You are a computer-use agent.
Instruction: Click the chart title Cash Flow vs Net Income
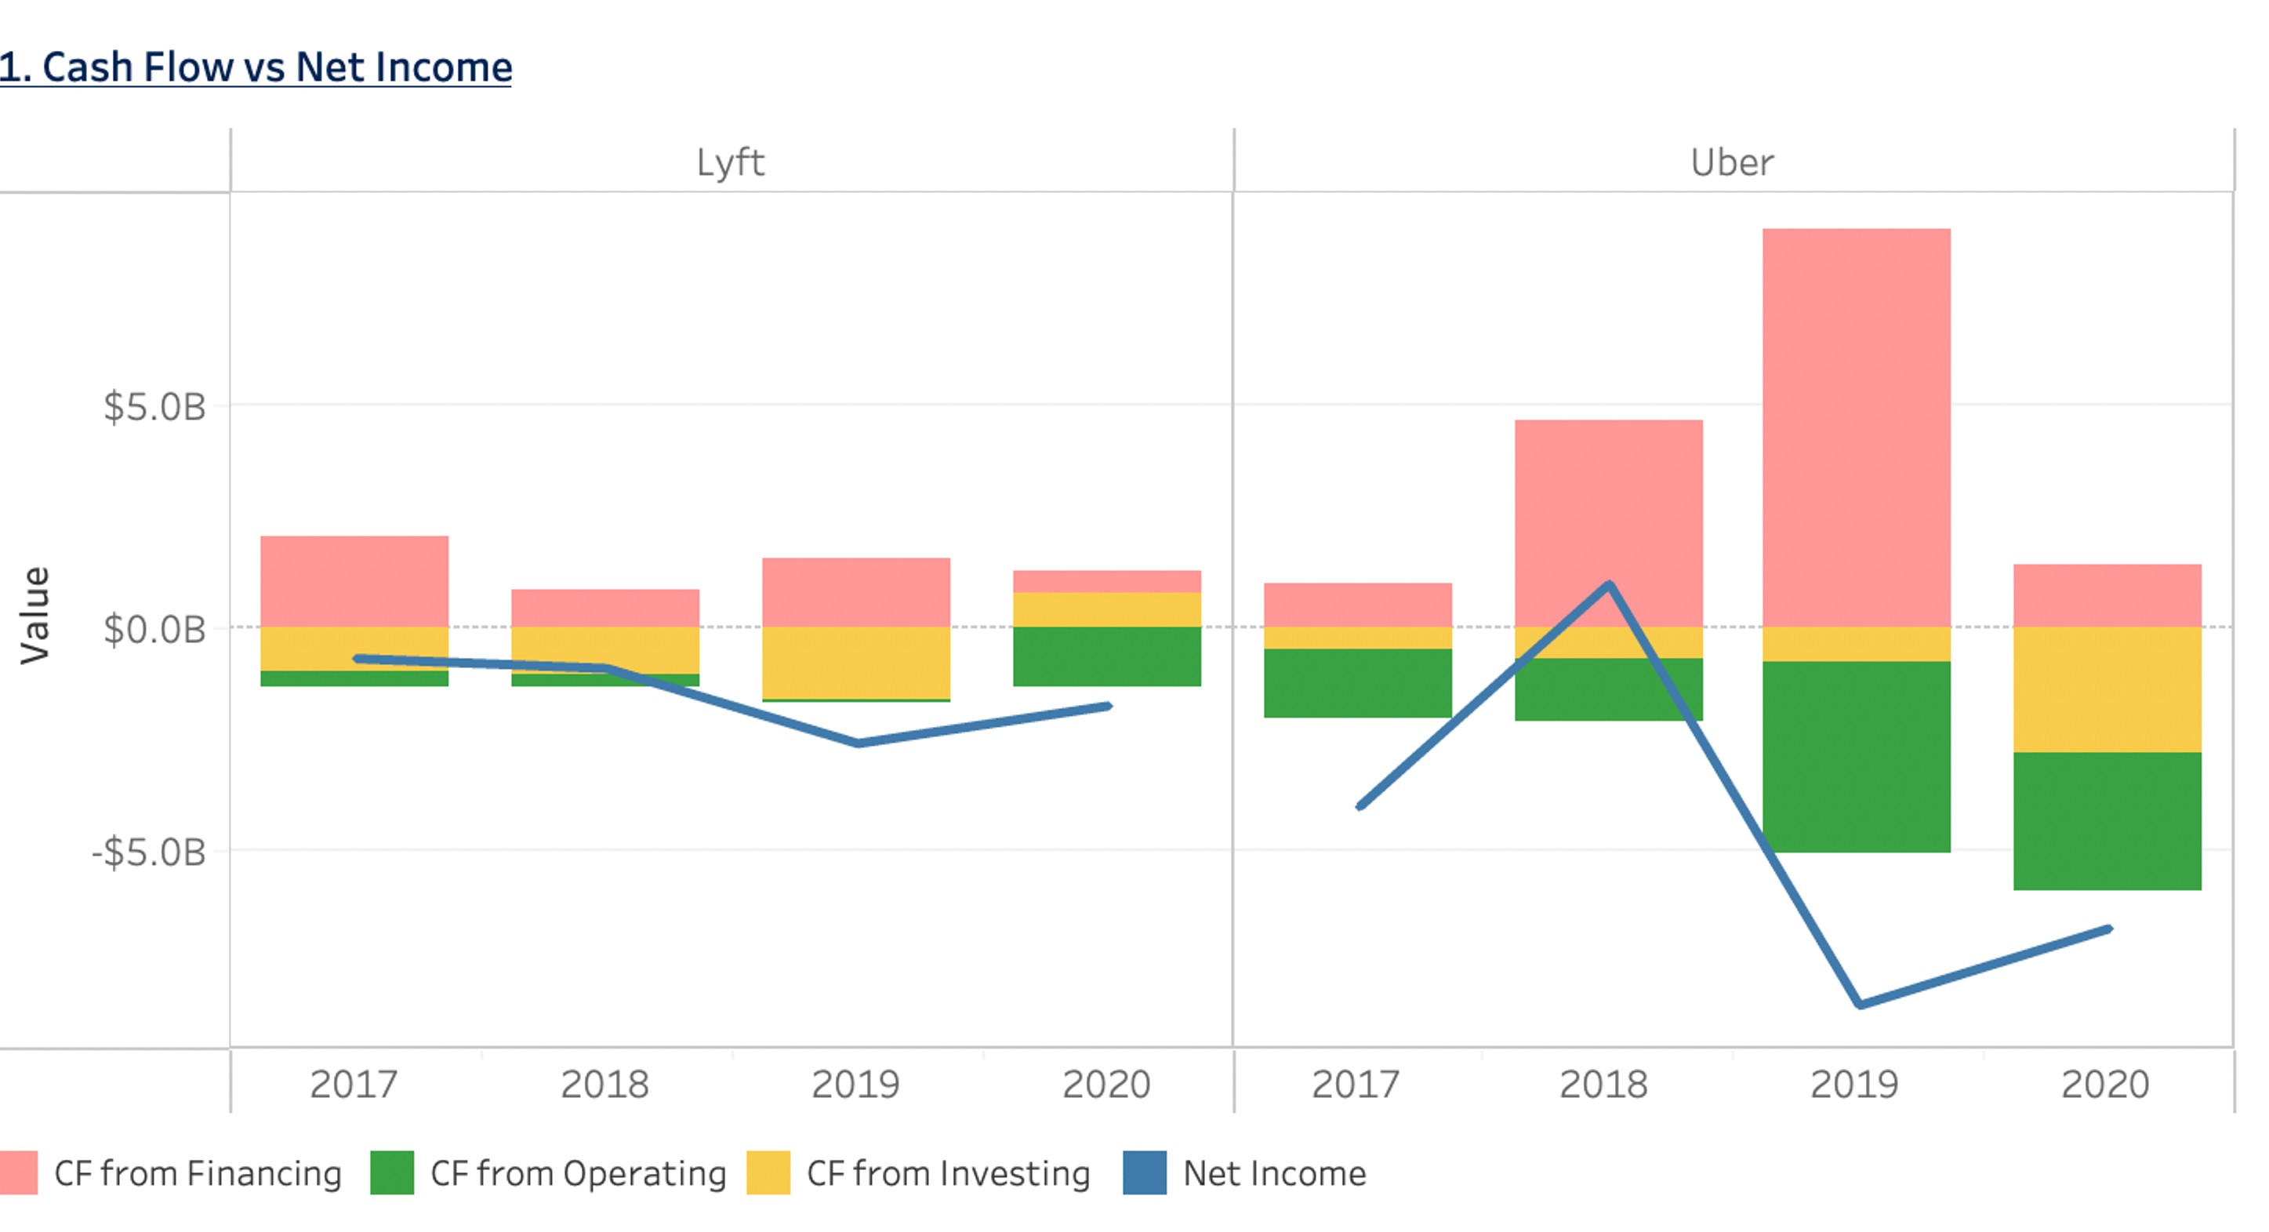[x=256, y=68]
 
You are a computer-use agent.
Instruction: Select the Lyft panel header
[x=730, y=163]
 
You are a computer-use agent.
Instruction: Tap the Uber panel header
[x=1732, y=163]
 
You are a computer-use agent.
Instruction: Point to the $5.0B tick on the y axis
[x=154, y=407]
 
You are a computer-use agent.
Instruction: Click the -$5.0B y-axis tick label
[x=148, y=852]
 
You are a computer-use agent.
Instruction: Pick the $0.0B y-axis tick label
[x=154, y=630]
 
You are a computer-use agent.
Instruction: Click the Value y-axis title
[x=35, y=614]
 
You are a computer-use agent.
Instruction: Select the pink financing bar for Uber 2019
[x=1856, y=427]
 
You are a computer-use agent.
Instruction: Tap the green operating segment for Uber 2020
[x=2107, y=820]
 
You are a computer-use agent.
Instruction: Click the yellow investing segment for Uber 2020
[x=2107, y=689]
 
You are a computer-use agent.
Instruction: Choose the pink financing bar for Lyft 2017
[x=354, y=582]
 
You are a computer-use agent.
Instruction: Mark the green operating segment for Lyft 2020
[x=1106, y=656]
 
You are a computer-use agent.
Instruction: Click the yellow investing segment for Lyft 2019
[x=855, y=663]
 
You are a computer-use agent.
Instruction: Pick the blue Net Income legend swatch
[x=1144, y=1173]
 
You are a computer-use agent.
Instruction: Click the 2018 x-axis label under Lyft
[x=604, y=1084]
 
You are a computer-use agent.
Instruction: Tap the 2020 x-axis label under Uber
[x=2105, y=1084]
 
